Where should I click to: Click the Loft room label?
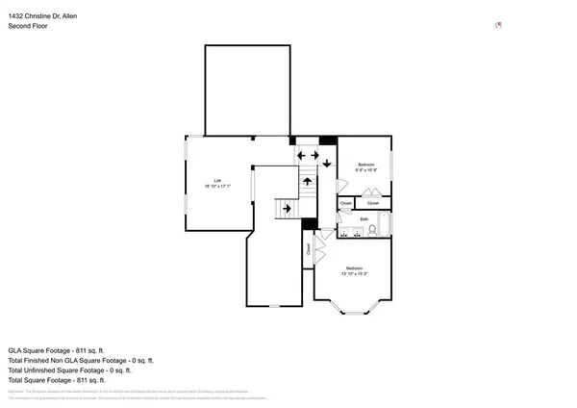tap(218, 182)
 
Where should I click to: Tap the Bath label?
tap(364, 219)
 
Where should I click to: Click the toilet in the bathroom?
tap(371, 231)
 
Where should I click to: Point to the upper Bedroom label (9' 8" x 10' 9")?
tap(366, 167)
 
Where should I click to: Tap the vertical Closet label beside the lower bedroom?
tap(309, 247)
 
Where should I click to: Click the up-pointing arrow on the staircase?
tap(307, 180)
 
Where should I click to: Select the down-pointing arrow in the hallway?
tap(327, 162)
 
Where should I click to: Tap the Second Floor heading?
tap(28, 26)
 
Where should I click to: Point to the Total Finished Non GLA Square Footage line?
tap(81, 360)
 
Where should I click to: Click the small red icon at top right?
tap(497, 25)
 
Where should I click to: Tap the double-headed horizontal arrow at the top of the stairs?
tap(308, 155)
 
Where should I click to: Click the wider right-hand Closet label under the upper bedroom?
tap(373, 203)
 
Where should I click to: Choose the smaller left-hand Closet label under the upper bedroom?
tap(344, 203)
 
